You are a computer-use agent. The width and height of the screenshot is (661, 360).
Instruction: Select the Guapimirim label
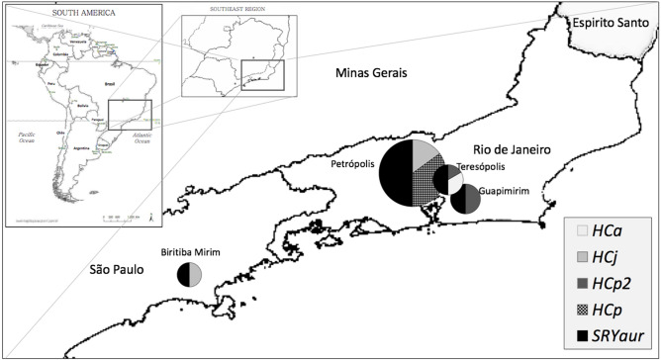[x=505, y=187]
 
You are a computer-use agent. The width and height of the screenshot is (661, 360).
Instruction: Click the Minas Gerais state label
[x=370, y=73]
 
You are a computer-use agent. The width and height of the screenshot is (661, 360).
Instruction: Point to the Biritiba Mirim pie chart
[x=189, y=274]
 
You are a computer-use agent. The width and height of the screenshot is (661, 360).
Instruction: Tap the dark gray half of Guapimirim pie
[x=473, y=199]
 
